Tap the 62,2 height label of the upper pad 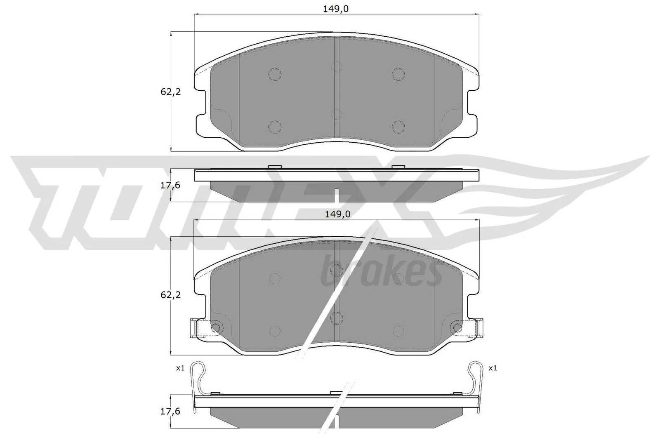pyautogui.click(x=171, y=92)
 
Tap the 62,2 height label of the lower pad pyautogui.click(x=171, y=295)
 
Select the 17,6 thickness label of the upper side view pyautogui.click(x=171, y=186)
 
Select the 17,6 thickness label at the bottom pyautogui.click(x=171, y=411)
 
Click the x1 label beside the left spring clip pyautogui.click(x=180, y=368)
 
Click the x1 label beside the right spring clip pyautogui.click(x=493, y=368)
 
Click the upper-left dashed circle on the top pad pyautogui.click(x=275, y=74)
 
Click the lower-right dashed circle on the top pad pyautogui.click(x=398, y=126)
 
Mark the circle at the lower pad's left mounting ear pyautogui.click(x=215, y=328)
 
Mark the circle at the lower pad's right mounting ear pyautogui.click(x=457, y=328)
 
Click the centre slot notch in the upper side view pyautogui.click(x=337, y=195)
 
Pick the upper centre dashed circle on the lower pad pyautogui.click(x=337, y=270)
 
